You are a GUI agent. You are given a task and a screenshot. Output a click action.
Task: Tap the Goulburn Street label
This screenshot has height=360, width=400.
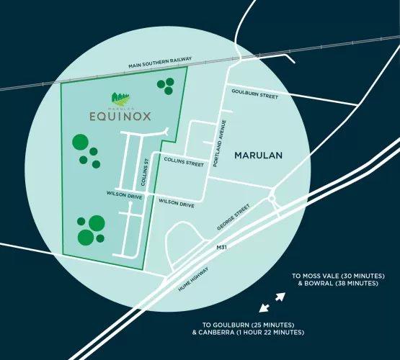pos(254,93)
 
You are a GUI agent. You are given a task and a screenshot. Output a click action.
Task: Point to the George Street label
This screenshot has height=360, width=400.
pos(232,217)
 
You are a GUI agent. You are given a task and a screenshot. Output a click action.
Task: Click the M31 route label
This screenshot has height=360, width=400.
pos(221,247)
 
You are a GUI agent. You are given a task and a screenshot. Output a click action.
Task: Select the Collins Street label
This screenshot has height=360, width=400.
pos(184,163)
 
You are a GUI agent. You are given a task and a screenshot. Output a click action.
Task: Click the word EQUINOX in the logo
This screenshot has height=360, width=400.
pos(120,115)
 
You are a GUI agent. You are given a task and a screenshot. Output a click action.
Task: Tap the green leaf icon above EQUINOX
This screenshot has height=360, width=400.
pos(120,97)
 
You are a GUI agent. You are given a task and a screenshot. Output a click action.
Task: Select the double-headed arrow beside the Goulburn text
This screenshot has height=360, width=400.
pos(264,308)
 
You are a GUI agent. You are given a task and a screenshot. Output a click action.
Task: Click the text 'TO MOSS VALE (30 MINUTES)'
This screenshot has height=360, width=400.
pos(338,276)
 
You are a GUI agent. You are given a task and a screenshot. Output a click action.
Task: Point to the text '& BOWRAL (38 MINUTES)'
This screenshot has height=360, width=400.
pos(338,284)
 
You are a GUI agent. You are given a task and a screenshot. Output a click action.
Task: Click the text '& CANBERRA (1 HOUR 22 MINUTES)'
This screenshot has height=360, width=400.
pos(248,333)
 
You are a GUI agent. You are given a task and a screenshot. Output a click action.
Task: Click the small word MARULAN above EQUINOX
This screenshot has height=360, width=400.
pos(120,107)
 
